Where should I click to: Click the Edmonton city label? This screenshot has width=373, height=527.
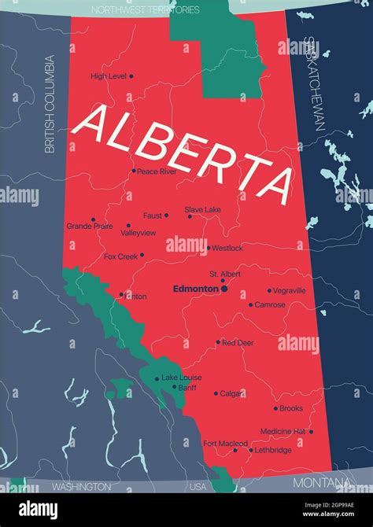click(x=195, y=289)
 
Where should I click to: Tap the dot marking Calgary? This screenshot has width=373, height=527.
click(x=216, y=393)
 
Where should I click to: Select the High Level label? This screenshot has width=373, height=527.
click(x=109, y=76)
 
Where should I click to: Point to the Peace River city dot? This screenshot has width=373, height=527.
click(x=134, y=171)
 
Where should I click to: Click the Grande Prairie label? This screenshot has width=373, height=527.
click(x=89, y=226)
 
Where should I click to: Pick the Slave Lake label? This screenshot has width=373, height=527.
click(x=202, y=210)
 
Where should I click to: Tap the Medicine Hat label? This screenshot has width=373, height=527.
click(x=283, y=431)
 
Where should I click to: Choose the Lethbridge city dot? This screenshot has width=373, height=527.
click(x=251, y=451)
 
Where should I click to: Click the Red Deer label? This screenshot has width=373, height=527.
click(x=238, y=343)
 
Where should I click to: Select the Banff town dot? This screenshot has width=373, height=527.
click(x=174, y=387)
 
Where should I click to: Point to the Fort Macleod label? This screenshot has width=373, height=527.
click(x=224, y=444)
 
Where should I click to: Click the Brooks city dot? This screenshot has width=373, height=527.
click(x=275, y=408)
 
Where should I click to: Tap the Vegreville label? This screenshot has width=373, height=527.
click(x=290, y=290)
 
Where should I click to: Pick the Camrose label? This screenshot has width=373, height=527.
click(x=270, y=304)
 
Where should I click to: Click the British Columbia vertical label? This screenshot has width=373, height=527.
click(x=50, y=103)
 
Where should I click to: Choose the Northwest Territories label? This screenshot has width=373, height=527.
click(x=146, y=10)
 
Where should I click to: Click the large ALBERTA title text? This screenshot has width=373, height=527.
click(x=185, y=153)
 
